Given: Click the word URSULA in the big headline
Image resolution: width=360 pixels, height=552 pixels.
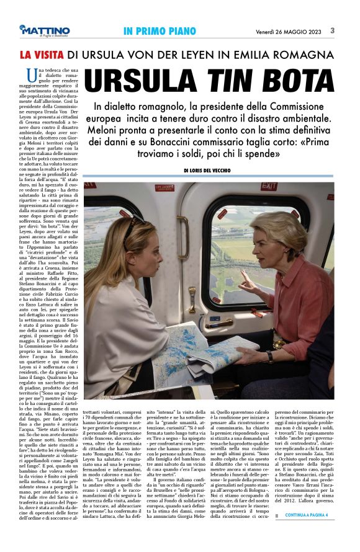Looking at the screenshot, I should point(143,82).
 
